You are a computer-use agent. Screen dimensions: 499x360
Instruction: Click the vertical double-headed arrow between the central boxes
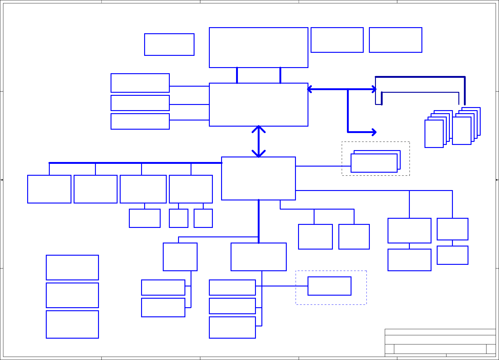[x=259, y=141]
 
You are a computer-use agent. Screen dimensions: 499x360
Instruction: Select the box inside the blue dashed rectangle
[x=329, y=286]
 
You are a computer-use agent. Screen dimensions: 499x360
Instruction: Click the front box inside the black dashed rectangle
[x=374, y=163]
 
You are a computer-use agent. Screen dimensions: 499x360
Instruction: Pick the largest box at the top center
[x=258, y=47]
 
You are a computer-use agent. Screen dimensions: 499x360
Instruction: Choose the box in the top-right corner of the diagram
[x=395, y=40]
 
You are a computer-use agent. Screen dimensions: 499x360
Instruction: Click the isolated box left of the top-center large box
[x=169, y=45]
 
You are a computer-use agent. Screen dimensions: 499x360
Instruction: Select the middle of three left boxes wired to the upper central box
[x=140, y=103]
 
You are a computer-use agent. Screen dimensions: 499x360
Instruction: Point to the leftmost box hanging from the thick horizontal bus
[x=49, y=189]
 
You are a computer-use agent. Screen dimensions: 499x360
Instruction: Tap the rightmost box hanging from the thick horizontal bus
[x=191, y=189]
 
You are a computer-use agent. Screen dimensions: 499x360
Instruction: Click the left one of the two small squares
[x=178, y=218]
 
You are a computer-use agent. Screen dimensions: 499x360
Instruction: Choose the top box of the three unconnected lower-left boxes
[x=72, y=267]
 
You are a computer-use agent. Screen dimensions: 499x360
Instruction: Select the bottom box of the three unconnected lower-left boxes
[x=72, y=324]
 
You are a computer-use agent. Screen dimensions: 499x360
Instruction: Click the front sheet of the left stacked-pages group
[x=434, y=134]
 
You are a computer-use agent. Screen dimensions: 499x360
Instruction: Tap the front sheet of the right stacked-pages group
[x=461, y=131]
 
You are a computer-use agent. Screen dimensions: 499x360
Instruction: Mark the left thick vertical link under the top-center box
[x=237, y=75]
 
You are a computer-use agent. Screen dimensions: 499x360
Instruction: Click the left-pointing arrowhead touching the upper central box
[x=310, y=89]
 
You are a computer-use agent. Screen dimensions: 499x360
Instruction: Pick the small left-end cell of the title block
[x=389, y=349]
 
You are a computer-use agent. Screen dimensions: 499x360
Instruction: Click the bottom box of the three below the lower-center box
[x=232, y=327]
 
